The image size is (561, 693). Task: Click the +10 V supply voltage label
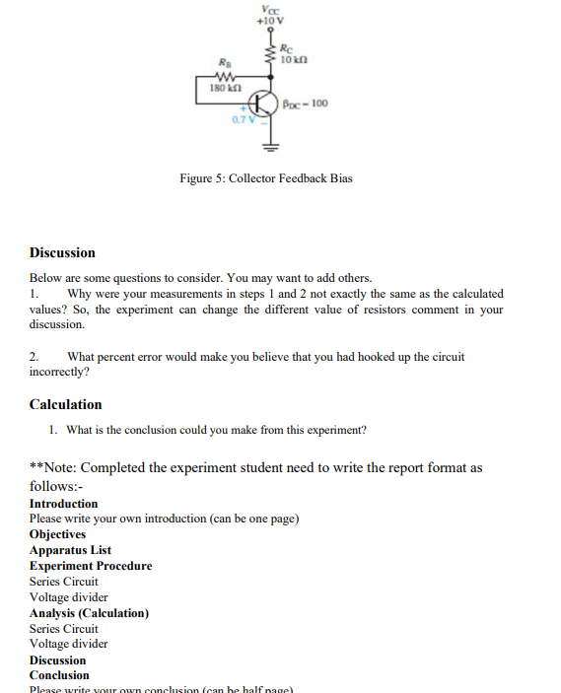click(269, 21)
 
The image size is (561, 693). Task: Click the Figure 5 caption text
click(265, 178)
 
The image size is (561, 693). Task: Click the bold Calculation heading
click(65, 404)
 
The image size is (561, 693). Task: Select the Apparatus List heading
click(70, 550)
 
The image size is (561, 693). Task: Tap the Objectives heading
click(57, 534)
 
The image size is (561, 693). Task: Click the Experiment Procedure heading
click(91, 566)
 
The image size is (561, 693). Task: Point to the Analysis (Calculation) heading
click(89, 612)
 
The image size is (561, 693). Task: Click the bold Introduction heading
click(63, 504)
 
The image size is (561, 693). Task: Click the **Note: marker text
click(57, 467)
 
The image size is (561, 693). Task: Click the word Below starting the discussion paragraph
click(46, 278)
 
